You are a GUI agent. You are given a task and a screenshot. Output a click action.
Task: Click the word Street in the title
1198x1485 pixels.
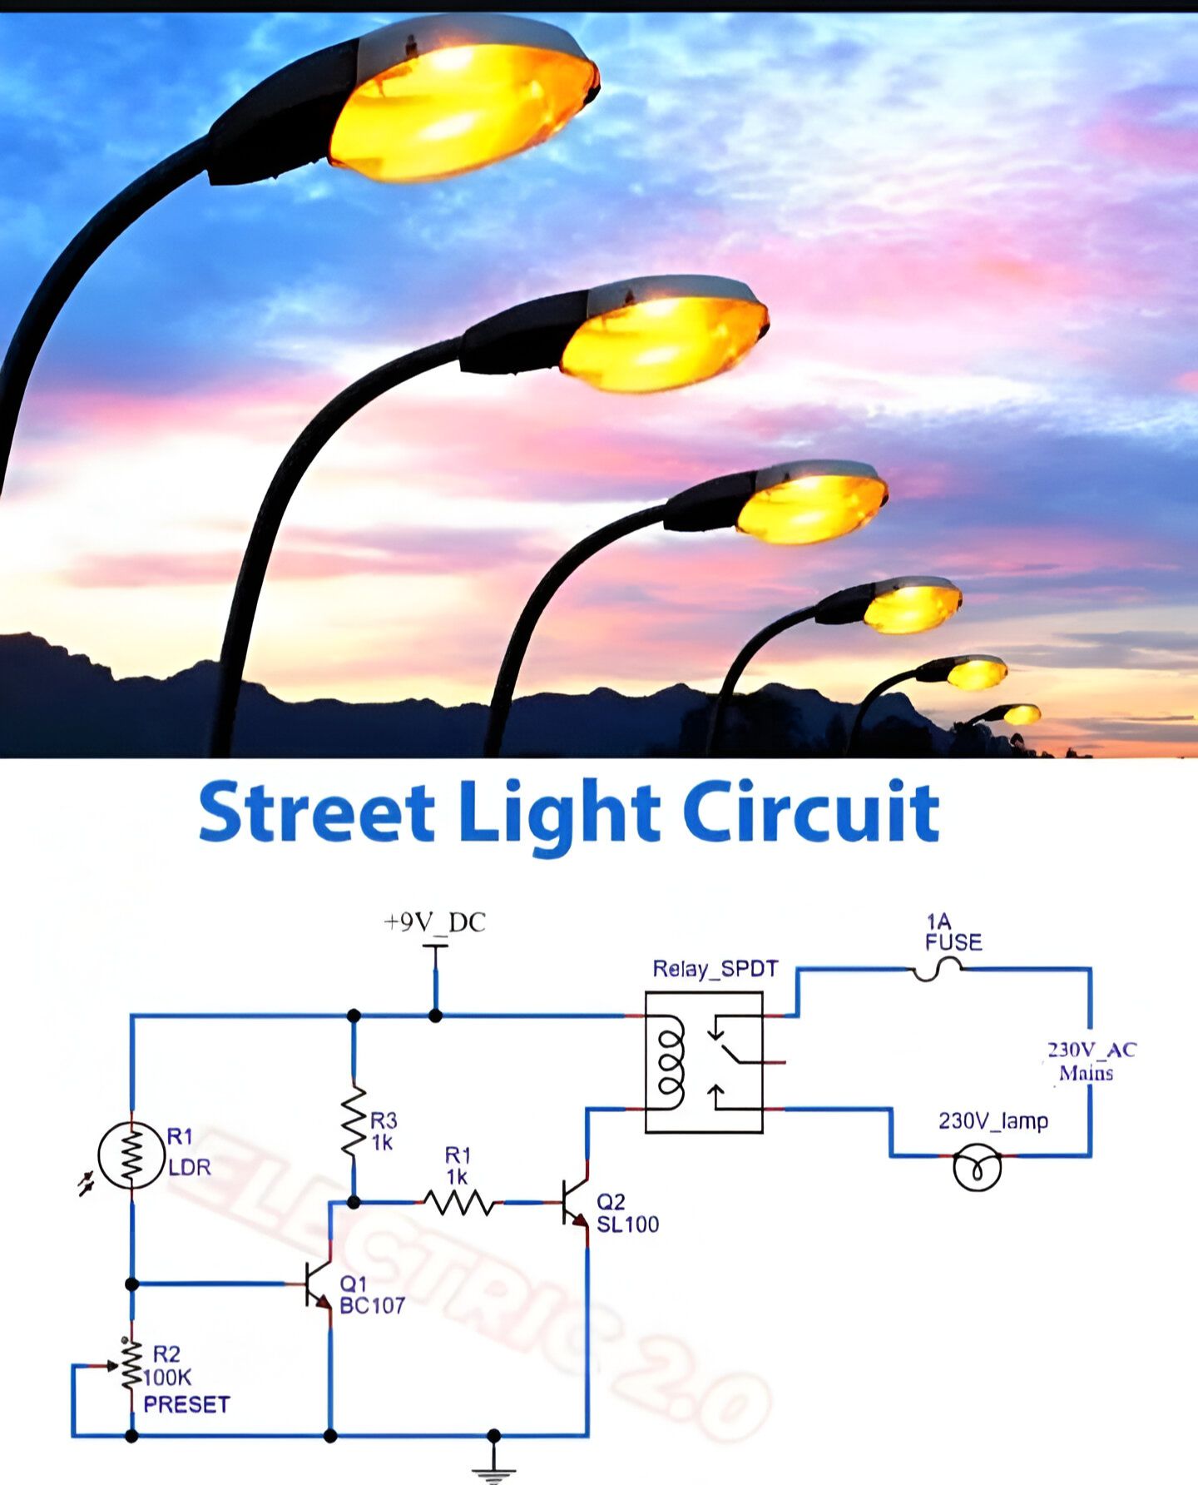(x=317, y=811)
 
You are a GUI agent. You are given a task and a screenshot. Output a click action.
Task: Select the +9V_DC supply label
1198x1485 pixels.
(x=434, y=922)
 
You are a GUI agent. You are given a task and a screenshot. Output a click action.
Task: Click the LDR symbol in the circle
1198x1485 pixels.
(x=131, y=1155)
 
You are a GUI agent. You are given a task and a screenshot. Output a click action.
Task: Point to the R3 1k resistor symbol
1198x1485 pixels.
(x=354, y=1120)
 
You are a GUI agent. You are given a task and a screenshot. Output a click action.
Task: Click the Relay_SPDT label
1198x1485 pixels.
(x=715, y=969)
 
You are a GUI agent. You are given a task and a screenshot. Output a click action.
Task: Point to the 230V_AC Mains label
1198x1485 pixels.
(x=1090, y=1061)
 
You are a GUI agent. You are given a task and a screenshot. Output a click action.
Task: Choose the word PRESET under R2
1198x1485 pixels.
(x=186, y=1405)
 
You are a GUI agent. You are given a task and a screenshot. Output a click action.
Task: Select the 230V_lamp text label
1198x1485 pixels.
(x=993, y=1121)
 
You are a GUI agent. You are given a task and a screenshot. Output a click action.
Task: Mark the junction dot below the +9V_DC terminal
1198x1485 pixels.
(x=435, y=1016)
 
